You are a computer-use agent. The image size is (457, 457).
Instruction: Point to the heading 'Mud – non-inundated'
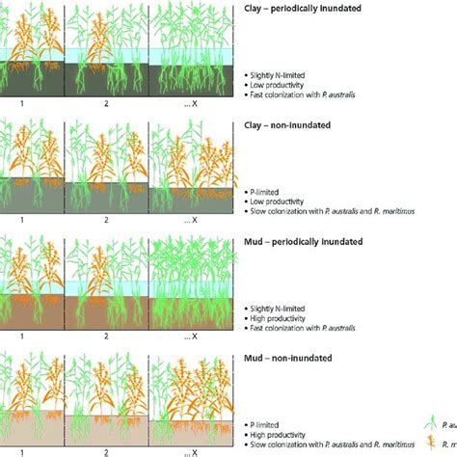pos(285,357)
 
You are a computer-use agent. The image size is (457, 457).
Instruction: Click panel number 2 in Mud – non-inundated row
pos(106,450)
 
